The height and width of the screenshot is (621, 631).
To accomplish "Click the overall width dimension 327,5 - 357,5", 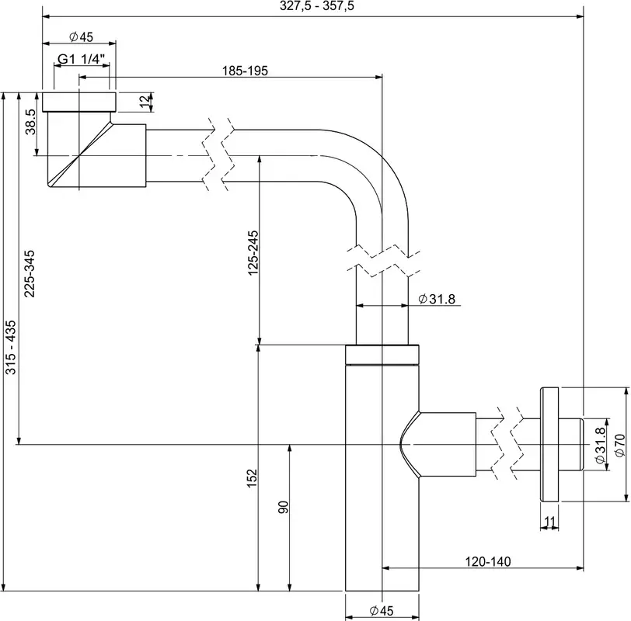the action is pos(317,6).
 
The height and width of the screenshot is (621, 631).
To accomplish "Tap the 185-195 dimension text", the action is pos(245,71).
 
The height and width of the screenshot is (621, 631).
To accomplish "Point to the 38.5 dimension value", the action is pos(30,122).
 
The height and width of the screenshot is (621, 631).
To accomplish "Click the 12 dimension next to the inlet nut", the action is pos(145,102).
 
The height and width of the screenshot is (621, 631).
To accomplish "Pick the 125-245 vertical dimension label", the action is pos(253,253).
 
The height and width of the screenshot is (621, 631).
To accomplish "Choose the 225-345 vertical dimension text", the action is pos(30,274).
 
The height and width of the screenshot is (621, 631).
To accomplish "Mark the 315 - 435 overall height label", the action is pos(10,347).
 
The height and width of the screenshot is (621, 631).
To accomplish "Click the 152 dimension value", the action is pos(252,478).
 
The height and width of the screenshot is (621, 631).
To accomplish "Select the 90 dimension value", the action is pos(284,507).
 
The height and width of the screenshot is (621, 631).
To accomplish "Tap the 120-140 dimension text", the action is pos(488,561).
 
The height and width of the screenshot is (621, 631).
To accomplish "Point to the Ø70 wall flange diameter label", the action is pos(620,446).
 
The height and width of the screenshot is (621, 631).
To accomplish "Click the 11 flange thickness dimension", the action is pos(549,522).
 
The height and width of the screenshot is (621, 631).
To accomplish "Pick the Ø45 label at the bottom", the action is pos(382,611).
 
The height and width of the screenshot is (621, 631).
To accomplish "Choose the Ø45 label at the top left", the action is pos(81,37).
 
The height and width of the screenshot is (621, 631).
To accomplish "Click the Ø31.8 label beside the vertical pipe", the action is pos(437,299).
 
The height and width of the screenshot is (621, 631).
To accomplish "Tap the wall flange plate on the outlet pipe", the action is pos(549,445).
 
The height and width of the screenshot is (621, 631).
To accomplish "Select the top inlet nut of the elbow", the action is pos(79,102).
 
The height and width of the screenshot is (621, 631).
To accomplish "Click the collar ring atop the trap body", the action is pos(382,355).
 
